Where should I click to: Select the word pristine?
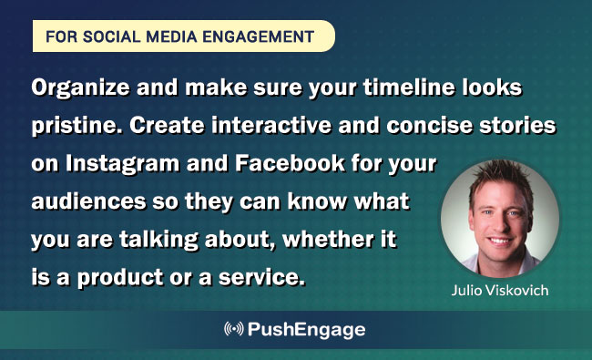(x=68, y=128)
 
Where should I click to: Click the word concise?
(x=421, y=128)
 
